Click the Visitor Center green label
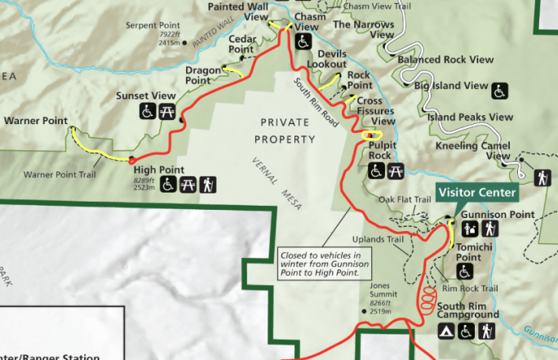[x=477, y=193]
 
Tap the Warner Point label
[x=35, y=121]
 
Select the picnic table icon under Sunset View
[x=168, y=110]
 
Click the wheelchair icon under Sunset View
[x=148, y=110]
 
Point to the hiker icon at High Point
[x=208, y=185]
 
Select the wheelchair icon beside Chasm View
[x=303, y=41]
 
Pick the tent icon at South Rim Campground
[x=446, y=331]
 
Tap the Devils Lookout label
[x=326, y=60]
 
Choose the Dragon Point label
[x=203, y=75]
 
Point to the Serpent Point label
[x=152, y=25]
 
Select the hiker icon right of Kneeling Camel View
[x=542, y=177]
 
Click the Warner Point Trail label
[x=60, y=175]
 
